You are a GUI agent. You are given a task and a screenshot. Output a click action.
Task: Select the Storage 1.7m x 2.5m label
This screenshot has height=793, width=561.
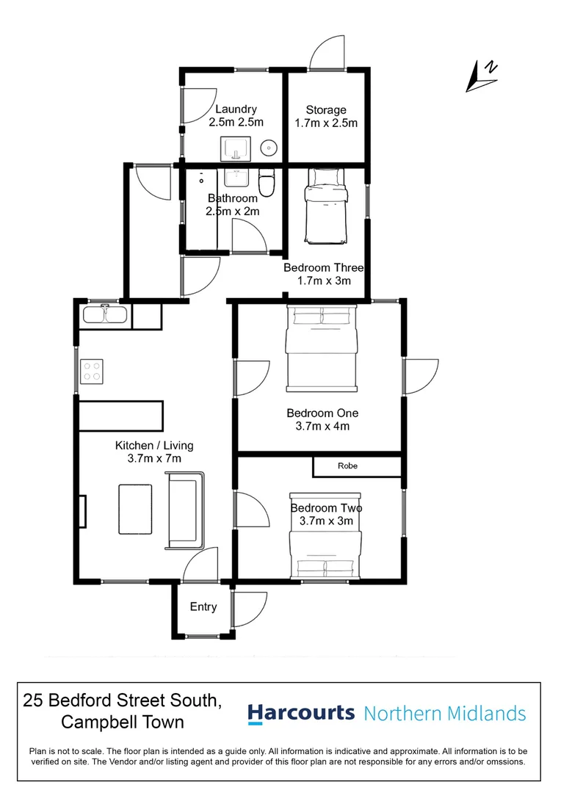326,117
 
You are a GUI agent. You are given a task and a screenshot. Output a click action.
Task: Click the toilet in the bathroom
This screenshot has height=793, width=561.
267,183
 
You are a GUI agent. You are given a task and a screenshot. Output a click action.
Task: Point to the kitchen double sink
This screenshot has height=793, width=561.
106,314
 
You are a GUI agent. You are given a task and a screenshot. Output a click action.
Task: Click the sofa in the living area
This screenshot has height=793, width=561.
187,510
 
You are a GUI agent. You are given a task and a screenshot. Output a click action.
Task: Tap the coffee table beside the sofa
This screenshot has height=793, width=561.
136,509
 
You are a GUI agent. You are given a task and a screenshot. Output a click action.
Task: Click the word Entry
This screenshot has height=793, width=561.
203,607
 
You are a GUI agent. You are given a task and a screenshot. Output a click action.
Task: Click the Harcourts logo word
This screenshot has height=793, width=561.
301,713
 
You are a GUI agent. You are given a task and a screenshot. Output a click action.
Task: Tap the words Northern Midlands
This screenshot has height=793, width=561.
445,713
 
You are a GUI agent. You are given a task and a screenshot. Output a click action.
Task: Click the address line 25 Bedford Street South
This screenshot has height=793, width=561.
122,700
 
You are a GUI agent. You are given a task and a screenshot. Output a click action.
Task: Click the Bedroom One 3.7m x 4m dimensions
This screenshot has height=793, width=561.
323,426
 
